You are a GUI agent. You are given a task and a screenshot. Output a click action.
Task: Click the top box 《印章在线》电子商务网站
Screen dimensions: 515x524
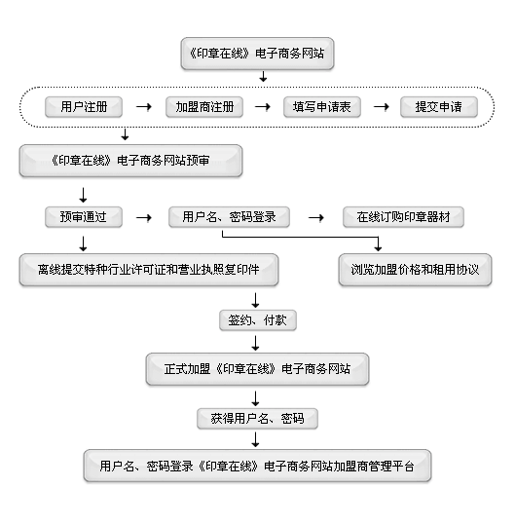pos(257,54)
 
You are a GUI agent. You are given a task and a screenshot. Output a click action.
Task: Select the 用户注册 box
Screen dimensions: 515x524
pos(84,107)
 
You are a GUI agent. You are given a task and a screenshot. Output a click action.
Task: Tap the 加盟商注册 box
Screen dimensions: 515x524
pos(204,107)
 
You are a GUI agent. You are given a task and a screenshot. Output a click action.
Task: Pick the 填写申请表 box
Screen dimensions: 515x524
pos(322,107)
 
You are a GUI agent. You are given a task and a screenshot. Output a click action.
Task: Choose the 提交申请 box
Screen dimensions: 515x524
pos(439,107)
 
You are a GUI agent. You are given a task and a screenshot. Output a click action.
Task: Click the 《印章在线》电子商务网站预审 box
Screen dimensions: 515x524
pos(130,161)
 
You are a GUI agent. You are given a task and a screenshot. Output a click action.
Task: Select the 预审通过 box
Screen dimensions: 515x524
pos(84,217)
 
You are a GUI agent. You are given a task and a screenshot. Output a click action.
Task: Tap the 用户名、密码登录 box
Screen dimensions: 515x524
pos(229,217)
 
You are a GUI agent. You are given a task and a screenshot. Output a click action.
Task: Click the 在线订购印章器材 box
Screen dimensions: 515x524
pos(403,217)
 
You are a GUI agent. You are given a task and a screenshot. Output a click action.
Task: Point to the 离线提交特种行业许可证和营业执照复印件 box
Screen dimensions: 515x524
pos(149,270)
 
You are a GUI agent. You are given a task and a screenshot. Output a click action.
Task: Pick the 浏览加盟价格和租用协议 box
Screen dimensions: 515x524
pos(415,270)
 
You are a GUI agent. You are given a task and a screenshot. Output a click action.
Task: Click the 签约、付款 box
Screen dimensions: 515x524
pos(257,320)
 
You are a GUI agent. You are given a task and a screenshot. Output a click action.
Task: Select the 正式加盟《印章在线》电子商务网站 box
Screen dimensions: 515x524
pos(257,369)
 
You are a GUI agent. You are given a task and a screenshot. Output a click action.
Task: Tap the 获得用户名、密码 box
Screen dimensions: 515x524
pos(257,419)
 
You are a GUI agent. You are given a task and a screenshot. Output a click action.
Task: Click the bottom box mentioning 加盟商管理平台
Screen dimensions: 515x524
pos(257,466)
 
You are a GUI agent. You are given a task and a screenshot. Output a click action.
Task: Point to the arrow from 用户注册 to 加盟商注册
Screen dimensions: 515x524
pos(144,107)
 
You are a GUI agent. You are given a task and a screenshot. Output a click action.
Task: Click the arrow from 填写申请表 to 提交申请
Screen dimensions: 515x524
pos(382,107)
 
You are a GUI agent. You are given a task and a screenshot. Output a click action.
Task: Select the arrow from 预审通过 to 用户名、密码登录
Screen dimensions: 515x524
pos(144,218)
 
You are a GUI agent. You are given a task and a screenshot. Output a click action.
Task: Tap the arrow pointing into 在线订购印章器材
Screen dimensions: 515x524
pos(316,218)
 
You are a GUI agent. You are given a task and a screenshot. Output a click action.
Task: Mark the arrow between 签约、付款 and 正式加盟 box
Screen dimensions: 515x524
pos(255,343)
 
